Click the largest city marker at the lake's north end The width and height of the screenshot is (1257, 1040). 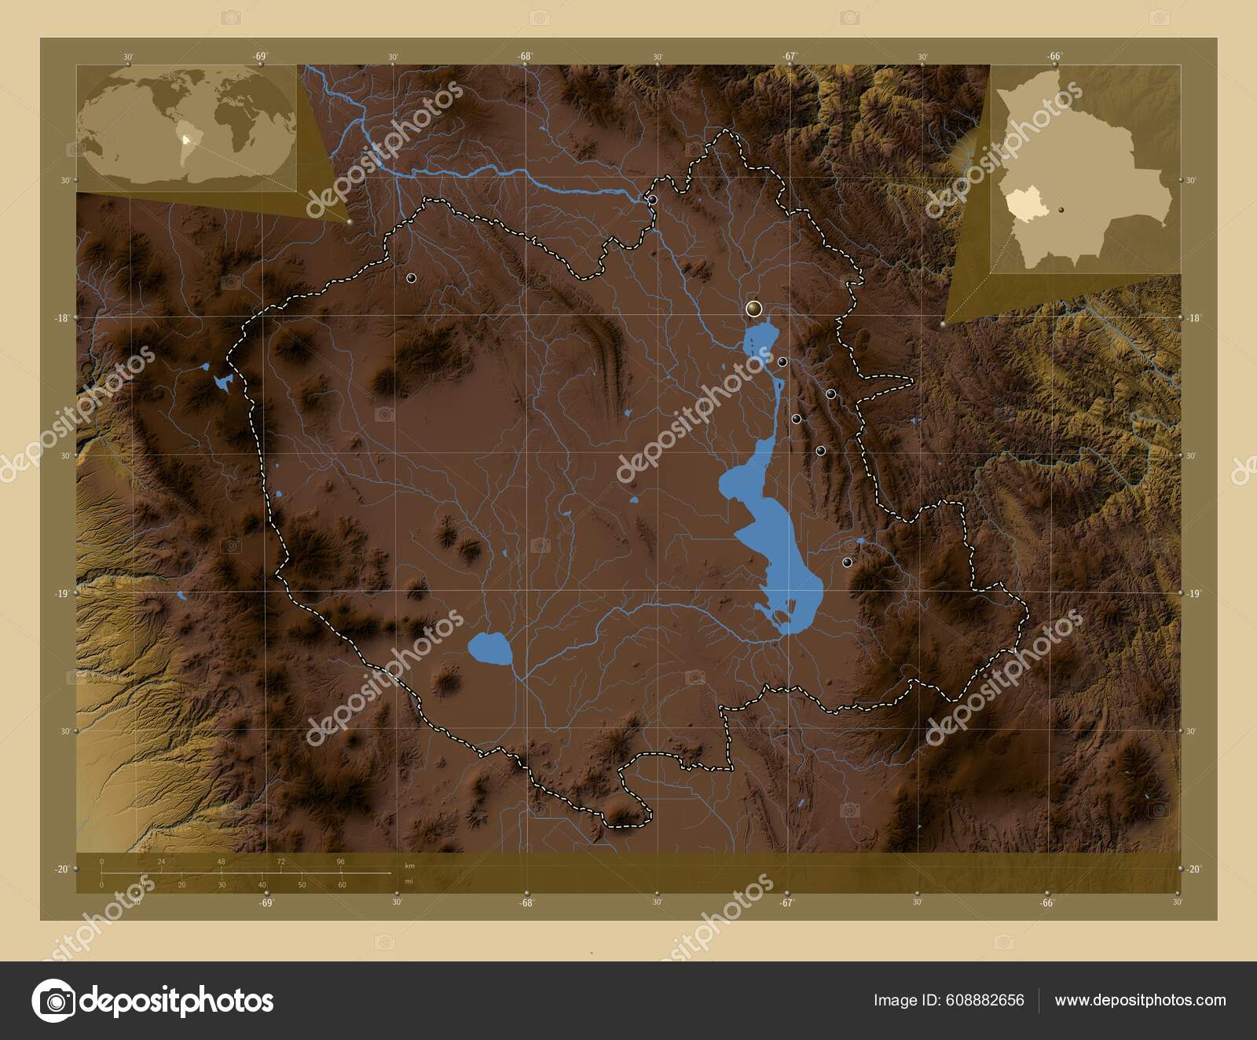pos(754,309)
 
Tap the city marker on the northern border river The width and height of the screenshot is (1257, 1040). pos(652,200)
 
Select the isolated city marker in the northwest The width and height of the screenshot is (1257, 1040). pos(411,278)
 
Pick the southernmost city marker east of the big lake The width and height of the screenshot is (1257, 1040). pos(846,562)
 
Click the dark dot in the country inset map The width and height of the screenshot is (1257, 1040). pos(1062,210)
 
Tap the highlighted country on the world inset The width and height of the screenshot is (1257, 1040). pos(185,141)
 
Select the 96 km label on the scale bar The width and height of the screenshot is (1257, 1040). pos(340,862)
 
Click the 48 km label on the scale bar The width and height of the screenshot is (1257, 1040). pos(222,862)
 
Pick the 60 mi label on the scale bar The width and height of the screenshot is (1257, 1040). pos(342,885)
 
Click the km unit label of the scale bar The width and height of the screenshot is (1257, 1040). pos(409,865)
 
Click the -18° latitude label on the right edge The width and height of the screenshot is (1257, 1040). pos(1193,318)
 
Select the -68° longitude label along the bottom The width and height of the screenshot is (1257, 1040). pos(526,903)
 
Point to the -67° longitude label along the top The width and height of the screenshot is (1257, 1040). pos(790,56)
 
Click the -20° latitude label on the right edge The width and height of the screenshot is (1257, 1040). pos(1193,869)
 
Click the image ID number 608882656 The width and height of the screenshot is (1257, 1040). pos(987,1000)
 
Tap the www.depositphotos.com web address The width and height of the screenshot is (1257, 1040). pos(1140,1000)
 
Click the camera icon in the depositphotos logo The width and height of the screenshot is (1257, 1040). pos(53,1001)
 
